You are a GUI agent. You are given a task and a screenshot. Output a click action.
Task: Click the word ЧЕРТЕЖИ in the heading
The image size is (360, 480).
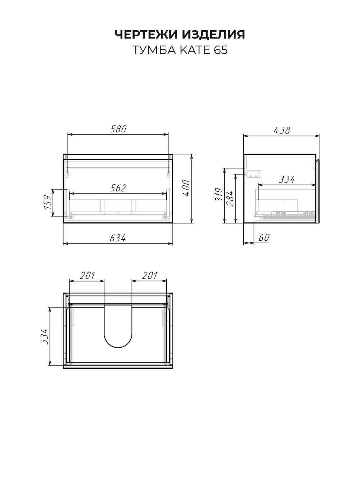[x=146, y=35]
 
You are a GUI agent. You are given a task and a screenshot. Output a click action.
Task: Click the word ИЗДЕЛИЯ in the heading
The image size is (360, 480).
[x=213, y=35]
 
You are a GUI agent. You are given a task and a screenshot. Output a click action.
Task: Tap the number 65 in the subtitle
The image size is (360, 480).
[x=221, y=50]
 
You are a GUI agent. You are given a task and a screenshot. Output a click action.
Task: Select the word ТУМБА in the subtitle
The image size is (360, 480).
[x=154, y=50]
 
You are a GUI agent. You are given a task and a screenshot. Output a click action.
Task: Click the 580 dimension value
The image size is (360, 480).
[x=118, y=129]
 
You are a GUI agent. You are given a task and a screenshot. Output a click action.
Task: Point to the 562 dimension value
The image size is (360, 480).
[x=118, y=188]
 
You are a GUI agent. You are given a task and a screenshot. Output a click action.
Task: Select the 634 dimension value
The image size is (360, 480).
[x=118, y=238]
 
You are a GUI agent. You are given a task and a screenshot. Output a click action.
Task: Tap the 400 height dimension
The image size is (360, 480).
[x=186, y=188]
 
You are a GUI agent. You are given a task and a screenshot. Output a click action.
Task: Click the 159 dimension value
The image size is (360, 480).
[x=48, y=202]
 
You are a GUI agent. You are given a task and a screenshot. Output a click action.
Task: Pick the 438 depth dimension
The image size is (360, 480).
[x=282, y=131]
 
